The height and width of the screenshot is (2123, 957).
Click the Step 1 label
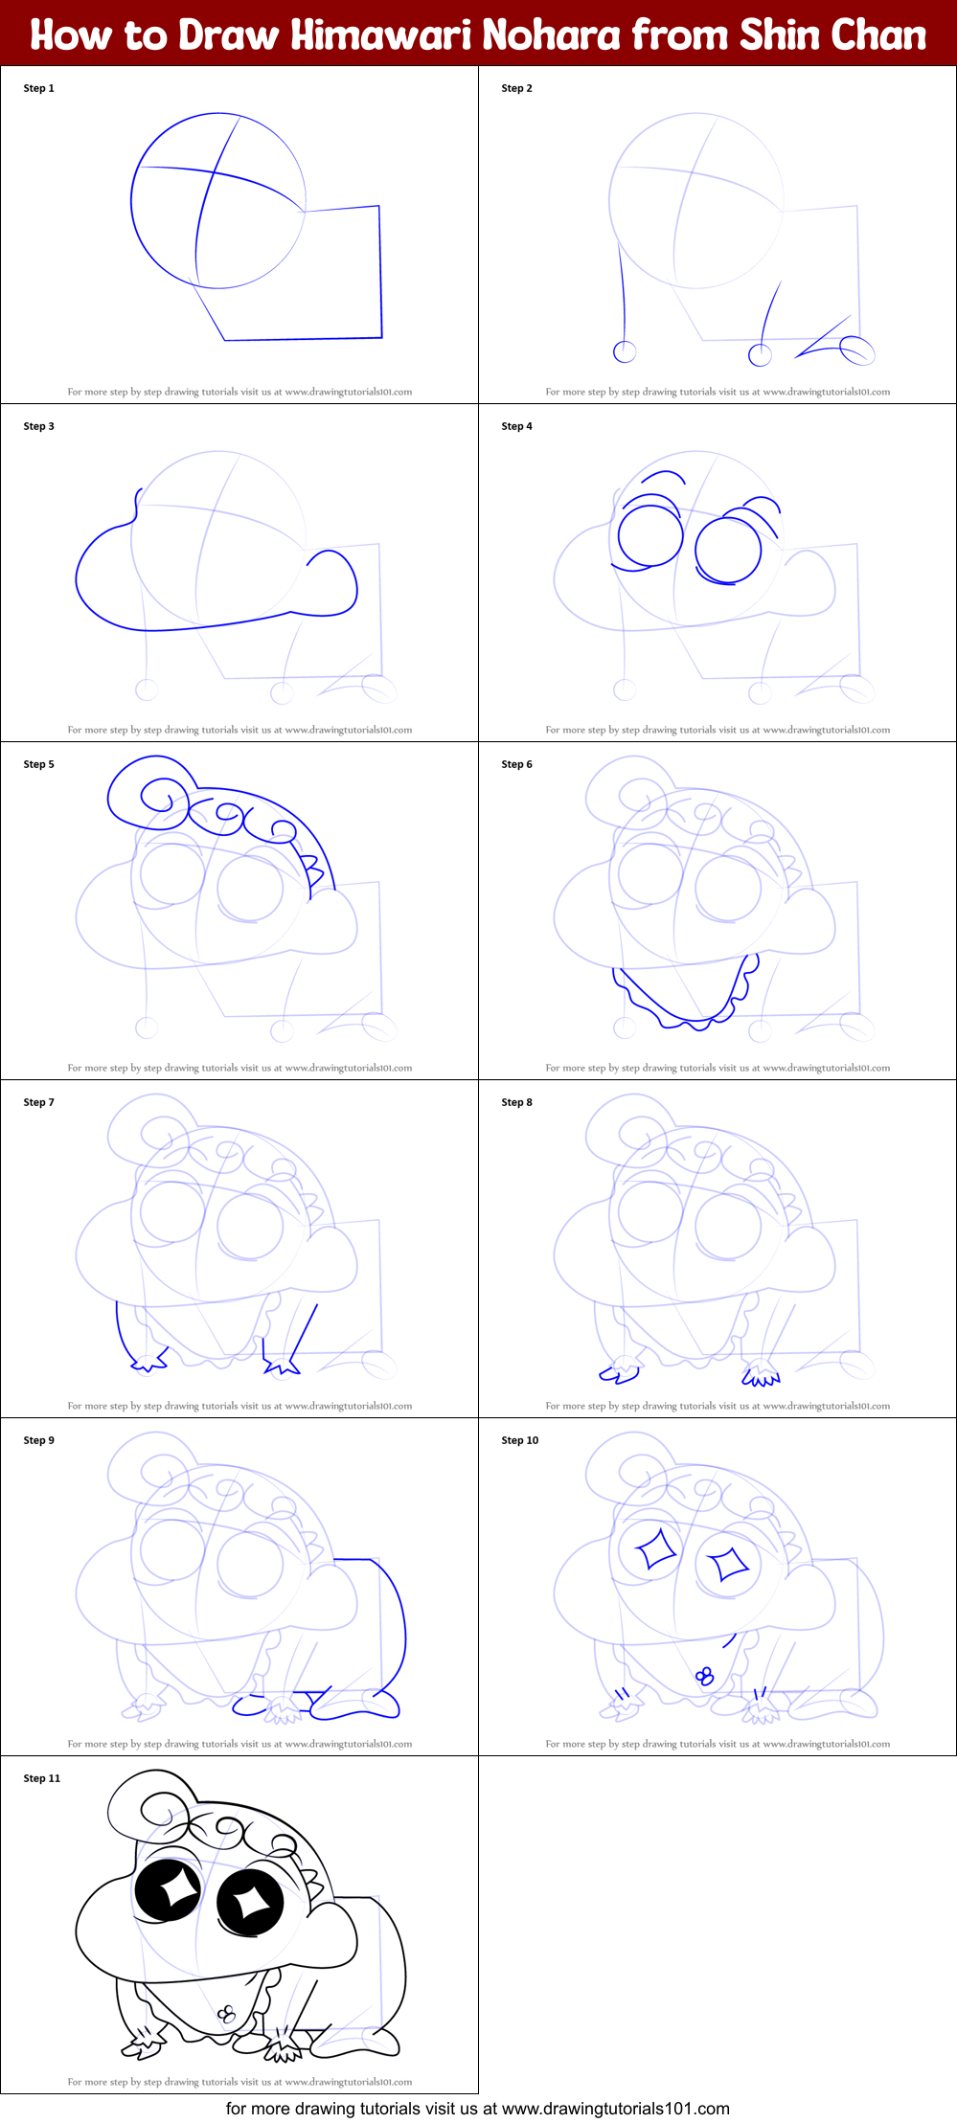pyautogui.click(x=39, y=88)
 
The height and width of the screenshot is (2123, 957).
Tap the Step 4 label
pyautogui.click(x=516, y=426)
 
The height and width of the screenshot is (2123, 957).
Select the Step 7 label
pyautogui.click(x=39, y=1102)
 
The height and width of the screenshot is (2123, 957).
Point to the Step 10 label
pyautogui.click(x=520, y=1440)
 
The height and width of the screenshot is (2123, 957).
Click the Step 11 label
pyautogui.click(x=42, y=1778)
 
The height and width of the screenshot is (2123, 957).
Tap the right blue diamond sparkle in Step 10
pyautogui.click(x=728, y=1563)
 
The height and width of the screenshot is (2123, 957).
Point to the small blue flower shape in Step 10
pyautogui.click(x=705, y=1676)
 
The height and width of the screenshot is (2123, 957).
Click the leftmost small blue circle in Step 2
pyautogui.click(x=625, y=351)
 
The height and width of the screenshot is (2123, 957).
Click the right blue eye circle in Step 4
pyautogui.click(x=728, y=551)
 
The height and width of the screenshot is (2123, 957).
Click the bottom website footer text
pyautogui.click(x=477, y=2109)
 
